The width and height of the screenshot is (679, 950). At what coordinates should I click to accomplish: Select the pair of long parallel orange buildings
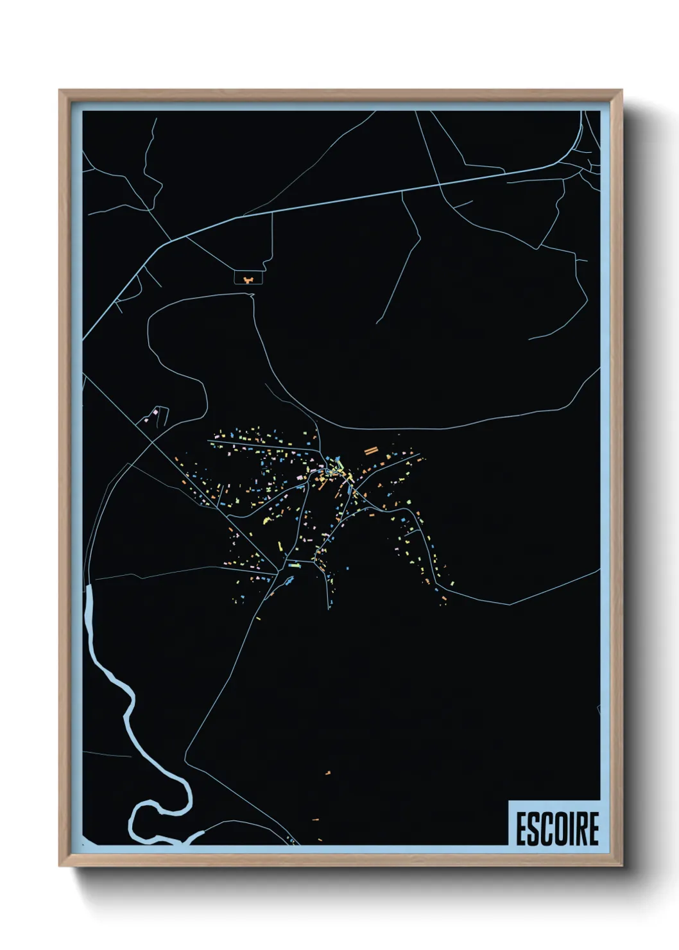point(370,451)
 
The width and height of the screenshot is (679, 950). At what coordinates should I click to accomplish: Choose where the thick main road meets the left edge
point(85,337)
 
